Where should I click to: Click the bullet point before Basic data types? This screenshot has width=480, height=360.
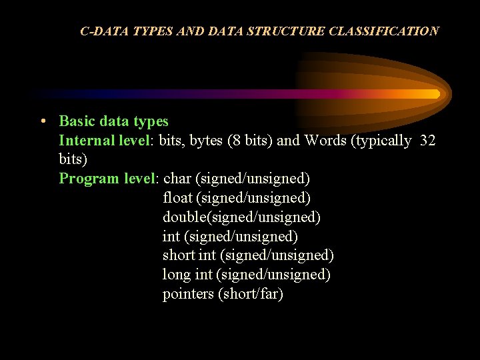[x=42, y=122]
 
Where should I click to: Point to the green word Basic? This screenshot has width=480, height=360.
[x=77, y=121]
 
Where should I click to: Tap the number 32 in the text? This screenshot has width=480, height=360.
[x=428, y=141]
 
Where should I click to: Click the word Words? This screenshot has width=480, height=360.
[x=325, y=141]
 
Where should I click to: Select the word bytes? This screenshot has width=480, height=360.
[x=206, y=141]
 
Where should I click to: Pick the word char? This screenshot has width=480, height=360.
[x=177, y=179]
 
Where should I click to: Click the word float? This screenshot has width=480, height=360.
[x=177, y=198]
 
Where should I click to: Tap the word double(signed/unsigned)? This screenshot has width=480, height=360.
[x=241, y=217]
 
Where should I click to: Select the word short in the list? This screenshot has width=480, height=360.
[x=179, y=255]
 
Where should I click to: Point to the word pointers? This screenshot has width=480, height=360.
[x=188, y=294]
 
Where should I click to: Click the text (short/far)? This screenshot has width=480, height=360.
[x=251, y=294]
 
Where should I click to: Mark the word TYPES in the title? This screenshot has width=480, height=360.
[x=151, y=31]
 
